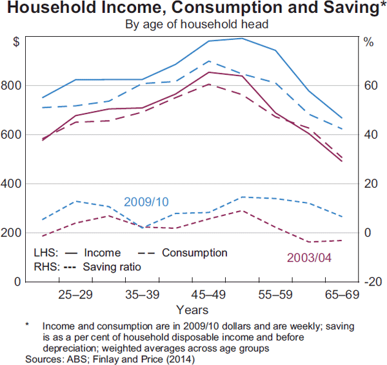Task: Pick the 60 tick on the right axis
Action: (x=368, y=86)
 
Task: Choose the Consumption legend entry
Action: (x=194, y=253)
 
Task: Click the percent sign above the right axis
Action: (x=368, y=43)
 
